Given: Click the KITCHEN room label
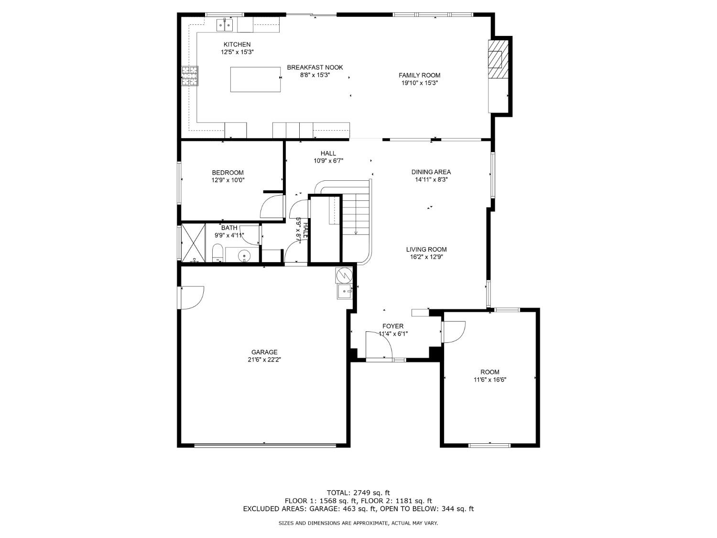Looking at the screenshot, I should pos(237,44).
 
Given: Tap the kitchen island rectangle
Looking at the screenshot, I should pos(256,79).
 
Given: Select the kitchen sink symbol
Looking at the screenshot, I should pos(224,24).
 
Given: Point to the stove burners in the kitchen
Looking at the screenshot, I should pos(189,76).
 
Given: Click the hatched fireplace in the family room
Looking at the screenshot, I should pos(495,59).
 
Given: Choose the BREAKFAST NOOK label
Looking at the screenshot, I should pos(315,67).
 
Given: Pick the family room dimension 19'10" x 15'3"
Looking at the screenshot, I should pos(419,83).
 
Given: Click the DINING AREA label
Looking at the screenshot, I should pos(431,172).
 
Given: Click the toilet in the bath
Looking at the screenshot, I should pos(217,252).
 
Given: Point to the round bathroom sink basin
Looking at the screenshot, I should pos(244,256).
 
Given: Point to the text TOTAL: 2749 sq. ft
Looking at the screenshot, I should pos(358,492).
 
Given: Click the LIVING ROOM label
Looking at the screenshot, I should pos(426,249).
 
